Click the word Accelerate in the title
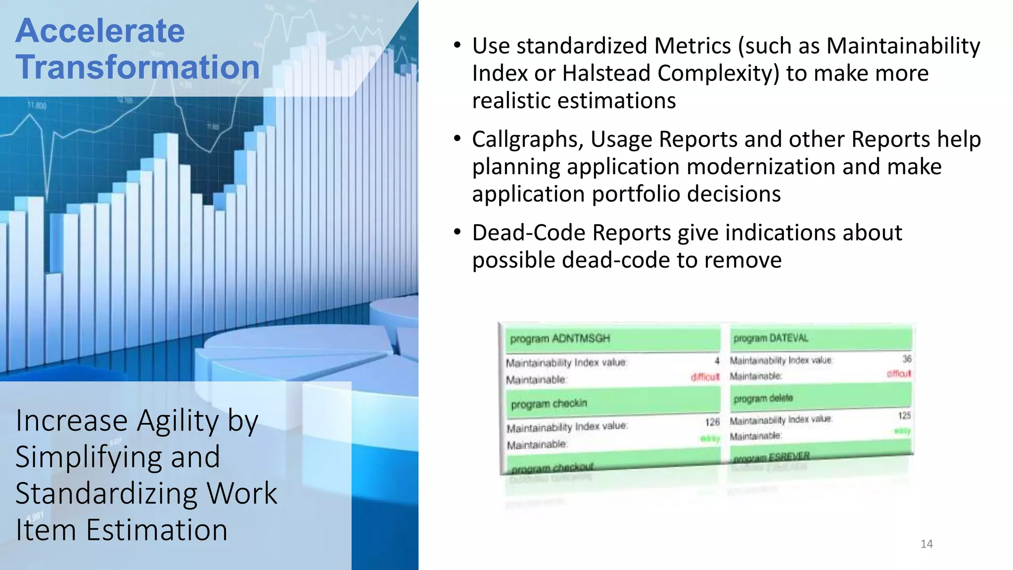coord(100,31)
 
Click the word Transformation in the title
coord(138,67)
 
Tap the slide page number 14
coord(926,544)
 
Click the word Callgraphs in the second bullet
coord(528,140)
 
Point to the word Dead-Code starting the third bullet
coord(529,233)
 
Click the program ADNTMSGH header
coord(560,338)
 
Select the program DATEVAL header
coord(771,338)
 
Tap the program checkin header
coord(549,404)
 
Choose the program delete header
coord(763,398)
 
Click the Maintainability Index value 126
coord(712,422)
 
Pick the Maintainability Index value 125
coord(904,416)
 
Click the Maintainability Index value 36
coord(907,359)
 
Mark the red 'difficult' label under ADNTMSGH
coord(705,377)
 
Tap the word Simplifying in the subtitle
coord(118,457)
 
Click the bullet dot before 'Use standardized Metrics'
coord(457,46)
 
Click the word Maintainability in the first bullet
coord(903,46)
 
